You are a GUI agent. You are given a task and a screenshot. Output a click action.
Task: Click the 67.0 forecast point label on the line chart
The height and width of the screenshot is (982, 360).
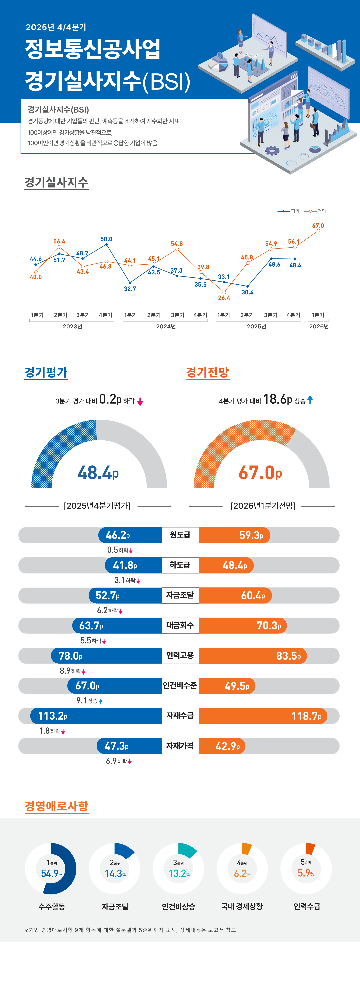(318, 226)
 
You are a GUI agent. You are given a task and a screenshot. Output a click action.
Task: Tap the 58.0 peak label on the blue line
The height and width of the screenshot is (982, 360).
(106, 239)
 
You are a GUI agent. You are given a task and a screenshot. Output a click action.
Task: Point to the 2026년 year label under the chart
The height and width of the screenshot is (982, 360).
(319, 326)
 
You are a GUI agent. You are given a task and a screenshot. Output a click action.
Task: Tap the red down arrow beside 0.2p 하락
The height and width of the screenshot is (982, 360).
(140, 401)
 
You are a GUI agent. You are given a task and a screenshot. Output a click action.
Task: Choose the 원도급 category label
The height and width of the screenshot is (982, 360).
(180, 535)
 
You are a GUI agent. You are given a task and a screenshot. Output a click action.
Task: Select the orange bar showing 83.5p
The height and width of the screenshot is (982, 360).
(252, 656)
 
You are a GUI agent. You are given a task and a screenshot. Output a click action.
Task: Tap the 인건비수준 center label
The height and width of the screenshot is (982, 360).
(180, 685)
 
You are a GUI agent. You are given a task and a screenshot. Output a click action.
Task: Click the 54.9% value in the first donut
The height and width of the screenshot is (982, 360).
(52, 873)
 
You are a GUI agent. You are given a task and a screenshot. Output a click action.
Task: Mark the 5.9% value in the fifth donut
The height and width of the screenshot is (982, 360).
(306, 873)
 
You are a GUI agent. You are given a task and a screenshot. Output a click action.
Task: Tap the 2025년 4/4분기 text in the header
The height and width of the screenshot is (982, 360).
(56, 27)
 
